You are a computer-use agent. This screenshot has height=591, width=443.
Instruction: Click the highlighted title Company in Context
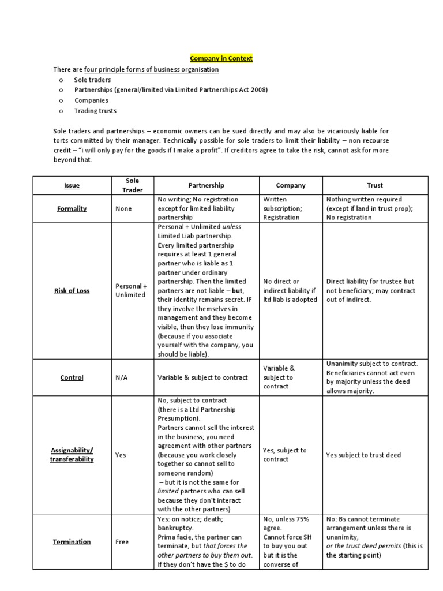221,58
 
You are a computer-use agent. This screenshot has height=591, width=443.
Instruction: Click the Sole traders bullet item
92,80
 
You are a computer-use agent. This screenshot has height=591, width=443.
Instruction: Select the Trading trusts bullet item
95,110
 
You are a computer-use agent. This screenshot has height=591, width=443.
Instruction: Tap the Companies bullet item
91,100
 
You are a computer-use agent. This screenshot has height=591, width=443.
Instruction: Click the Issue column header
72,186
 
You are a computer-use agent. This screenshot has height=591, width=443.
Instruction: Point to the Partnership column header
206,185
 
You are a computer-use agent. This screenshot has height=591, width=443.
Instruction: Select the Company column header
291,186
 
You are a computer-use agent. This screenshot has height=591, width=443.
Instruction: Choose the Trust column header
375,186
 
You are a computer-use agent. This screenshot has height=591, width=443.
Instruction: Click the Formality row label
72,208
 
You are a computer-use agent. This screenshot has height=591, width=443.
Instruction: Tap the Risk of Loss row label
72,291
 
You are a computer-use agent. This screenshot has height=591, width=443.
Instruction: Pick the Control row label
72,377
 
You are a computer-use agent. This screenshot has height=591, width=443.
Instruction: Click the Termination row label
72,542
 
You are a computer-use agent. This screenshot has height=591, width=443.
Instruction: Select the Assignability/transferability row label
72,455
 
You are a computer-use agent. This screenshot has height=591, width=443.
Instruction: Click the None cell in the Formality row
123,208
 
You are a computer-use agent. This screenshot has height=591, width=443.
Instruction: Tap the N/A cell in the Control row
122,377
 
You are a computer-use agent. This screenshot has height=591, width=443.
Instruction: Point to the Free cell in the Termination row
122,542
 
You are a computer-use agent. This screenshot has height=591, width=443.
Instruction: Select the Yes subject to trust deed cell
363,455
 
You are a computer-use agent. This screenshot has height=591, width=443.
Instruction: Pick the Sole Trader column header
132,185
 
